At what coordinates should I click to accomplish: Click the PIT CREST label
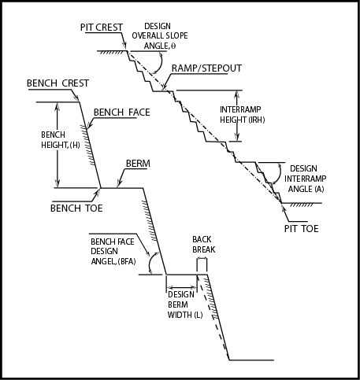101,28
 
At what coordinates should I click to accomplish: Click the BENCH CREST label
58,83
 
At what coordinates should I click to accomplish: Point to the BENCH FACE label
121,113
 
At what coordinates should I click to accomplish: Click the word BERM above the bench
137,164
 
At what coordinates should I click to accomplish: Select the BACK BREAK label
203,244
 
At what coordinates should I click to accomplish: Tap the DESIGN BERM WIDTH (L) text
186,305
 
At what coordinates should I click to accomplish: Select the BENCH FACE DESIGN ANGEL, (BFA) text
114,251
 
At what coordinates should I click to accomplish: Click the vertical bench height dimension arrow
56,145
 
